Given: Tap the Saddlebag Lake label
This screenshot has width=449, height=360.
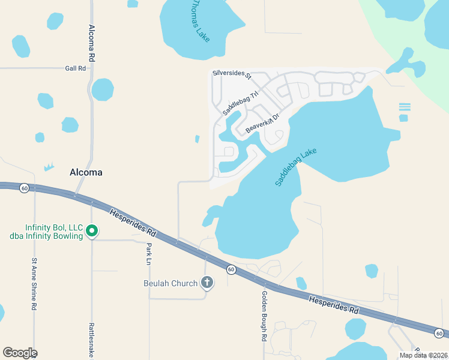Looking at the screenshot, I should click(296, 167).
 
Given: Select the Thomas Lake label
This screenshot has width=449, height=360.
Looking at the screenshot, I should click(200, 20).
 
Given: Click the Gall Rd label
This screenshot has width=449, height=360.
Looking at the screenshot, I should click(76, 68).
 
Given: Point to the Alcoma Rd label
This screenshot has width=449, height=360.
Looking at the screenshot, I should click(92, 43).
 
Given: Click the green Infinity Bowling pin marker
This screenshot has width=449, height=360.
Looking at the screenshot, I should click(92, 230).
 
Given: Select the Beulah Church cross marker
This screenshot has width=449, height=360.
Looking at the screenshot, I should click(206, 282).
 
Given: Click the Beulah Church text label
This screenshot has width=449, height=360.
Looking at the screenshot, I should click(170, 283).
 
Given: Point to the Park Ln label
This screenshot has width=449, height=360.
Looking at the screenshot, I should click(148, 254).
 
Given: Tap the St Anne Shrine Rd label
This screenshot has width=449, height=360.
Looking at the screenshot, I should click(34, 284).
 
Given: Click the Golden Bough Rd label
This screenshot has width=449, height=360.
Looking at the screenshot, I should click(264, 316).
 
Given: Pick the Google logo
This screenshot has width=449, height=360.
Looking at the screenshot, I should click(20, 352).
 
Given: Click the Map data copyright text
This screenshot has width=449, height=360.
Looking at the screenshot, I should click(424, 355).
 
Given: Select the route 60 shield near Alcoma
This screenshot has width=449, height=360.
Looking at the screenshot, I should click(23, 188).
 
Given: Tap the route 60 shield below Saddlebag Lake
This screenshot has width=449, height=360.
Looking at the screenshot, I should click(231, 269).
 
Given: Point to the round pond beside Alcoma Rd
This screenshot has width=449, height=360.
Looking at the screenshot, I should click(103, 89).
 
